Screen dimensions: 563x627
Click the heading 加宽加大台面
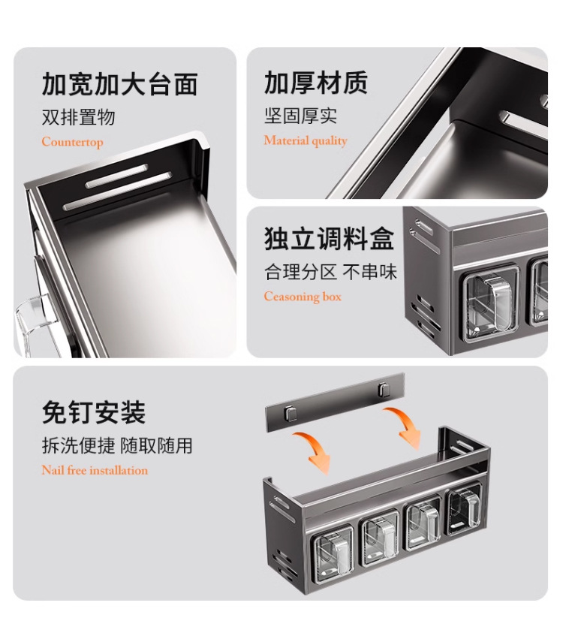point(120,84)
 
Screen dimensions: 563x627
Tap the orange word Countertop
point(72,142)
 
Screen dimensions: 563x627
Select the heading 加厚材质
point(316,83)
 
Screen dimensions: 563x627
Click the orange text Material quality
point(306,140)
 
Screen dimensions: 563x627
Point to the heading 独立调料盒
point(329,238)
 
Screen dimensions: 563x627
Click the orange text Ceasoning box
point(303,297)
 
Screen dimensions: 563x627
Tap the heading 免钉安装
point(94,412)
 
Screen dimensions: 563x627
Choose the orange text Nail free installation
point(95,470)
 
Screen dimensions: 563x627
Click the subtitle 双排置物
point(78,116)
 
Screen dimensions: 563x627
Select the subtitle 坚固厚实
point(301,116)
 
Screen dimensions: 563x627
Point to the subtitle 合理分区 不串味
point(330,272)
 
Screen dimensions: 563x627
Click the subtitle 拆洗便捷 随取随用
point(117,445)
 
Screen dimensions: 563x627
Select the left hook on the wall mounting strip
point(291,413)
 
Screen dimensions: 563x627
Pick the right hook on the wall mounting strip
point(384,390)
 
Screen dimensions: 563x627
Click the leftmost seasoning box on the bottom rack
point(333,552)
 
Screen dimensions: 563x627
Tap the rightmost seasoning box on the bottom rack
point(464,508)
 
